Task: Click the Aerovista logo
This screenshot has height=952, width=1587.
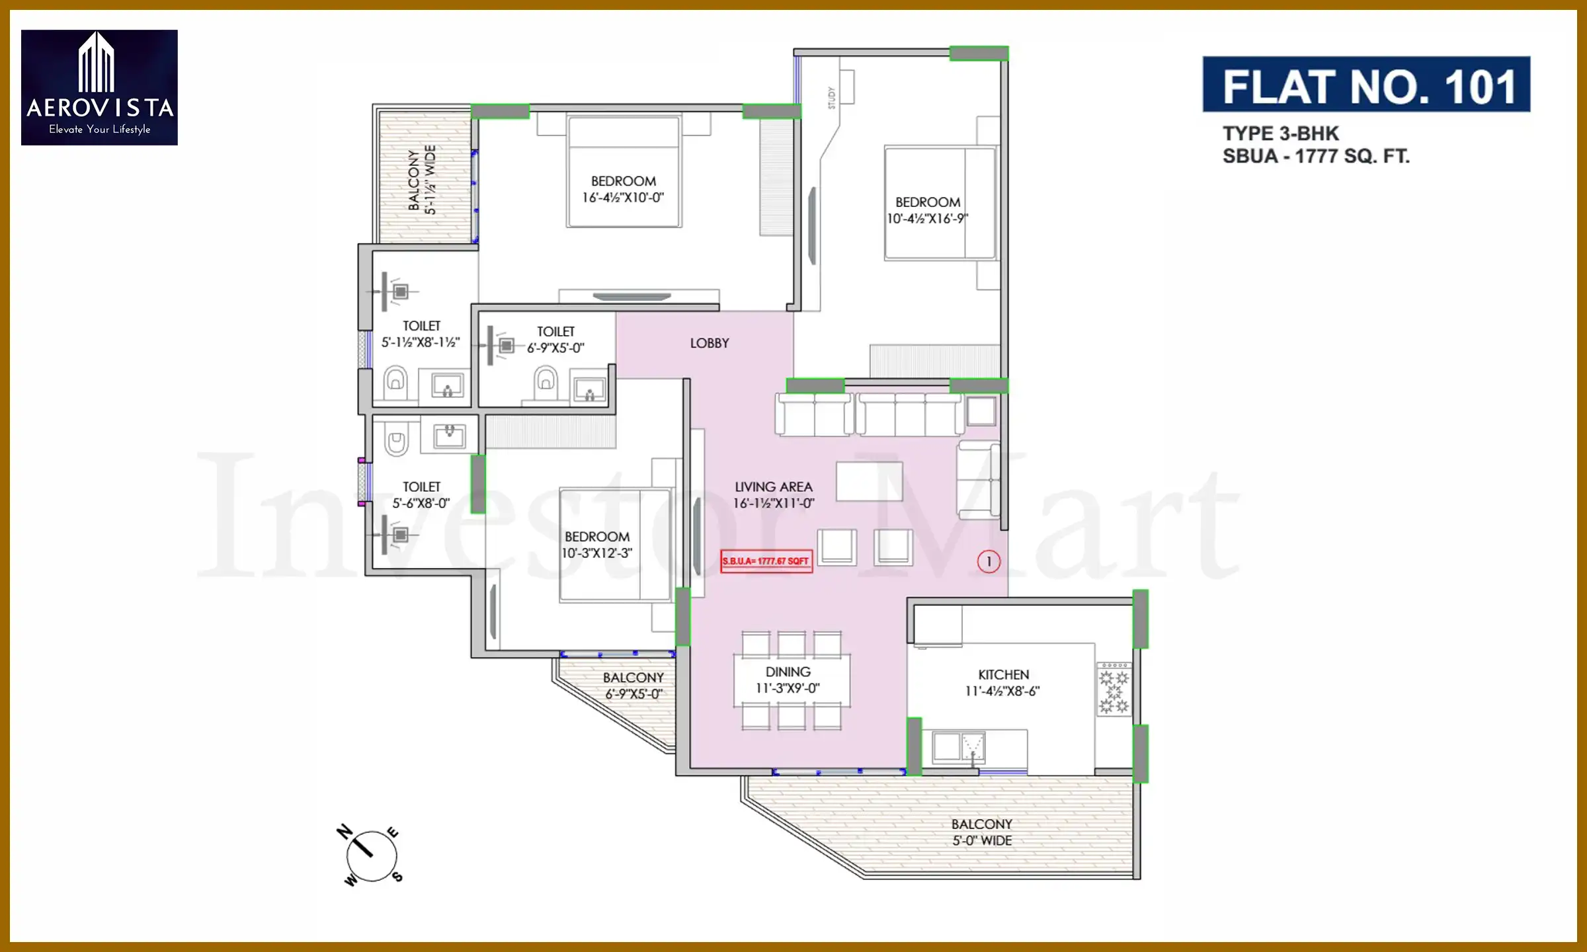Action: click(x=99, y=87)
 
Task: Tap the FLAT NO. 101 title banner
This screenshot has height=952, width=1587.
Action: click(x=1365, y=85)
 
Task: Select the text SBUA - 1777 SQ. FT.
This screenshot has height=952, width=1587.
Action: click(x=1315, y=157)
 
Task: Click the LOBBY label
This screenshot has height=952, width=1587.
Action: click(x=709, y=343)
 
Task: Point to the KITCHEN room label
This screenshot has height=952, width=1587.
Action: click(x=1003, y=675)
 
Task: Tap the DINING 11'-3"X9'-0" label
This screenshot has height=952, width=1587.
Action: click(x=788, y=680)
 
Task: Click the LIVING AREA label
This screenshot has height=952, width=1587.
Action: click(x=773, y=487)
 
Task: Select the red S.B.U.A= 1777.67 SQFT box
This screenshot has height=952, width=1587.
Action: click(x=766, y=561)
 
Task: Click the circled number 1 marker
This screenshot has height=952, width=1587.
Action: click(x=988, y=562)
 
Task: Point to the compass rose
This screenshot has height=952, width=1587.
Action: click(x=370, y=855)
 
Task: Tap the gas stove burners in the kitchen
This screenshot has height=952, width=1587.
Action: click(x=1114, y=692)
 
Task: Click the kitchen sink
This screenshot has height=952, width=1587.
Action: click(x=957, y=747)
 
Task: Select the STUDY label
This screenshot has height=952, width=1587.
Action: click(x=831, y=98)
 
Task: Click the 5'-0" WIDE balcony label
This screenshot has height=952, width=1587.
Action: click(x=981, y=832)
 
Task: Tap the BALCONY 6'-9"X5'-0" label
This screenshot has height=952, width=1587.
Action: click(x=633, y=686)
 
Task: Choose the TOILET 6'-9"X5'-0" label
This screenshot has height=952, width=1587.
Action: click(x=555, y=340)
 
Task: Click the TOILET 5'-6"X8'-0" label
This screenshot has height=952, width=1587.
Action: click(x=421, y=495)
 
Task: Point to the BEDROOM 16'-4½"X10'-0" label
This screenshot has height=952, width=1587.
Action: click(x=623, y=189)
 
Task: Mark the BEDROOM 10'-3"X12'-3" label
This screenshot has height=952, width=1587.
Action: click(x=596, y=545)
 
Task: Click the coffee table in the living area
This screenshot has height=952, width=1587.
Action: click(x=869, y=481)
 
